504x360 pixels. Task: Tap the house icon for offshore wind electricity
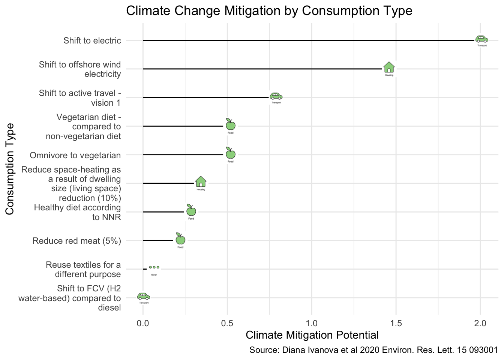pos(389,67)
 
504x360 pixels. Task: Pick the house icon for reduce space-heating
pos(201,182)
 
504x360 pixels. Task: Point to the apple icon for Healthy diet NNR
pos(191,210)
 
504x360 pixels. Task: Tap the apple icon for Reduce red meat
pos(180,239)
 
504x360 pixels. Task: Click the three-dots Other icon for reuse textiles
pos(154,267)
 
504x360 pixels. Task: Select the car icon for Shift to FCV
pos(144,296)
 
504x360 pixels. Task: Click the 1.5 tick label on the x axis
pos(396,323)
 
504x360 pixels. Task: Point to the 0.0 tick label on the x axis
pos(143,323)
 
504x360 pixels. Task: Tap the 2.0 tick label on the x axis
pos(480,323)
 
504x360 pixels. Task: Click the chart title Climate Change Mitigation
pos(269,10)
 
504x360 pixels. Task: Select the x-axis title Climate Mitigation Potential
pos(312,335)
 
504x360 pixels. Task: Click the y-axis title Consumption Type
pos(10,169)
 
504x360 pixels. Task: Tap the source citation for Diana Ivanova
pos(373,351)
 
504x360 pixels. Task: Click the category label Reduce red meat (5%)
pos(77,241)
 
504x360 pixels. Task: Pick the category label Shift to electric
pos(92,40)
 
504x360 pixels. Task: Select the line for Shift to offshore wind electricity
pos(262,69)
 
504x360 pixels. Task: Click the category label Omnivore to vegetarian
pos(75,155)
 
